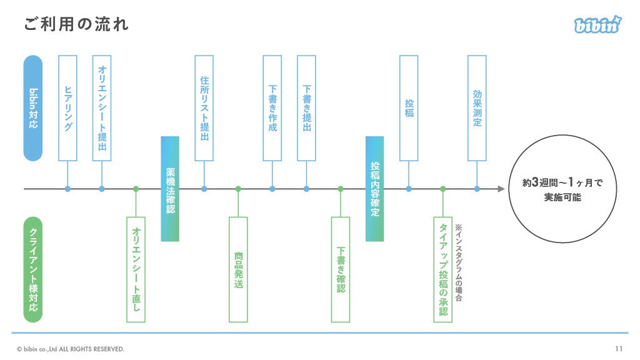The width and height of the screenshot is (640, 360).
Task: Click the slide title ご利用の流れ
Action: [77, 24]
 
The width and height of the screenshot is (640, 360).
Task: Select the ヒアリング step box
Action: [67, 108]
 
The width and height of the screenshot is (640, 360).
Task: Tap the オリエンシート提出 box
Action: [102, 108]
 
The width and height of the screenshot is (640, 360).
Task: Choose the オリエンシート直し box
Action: [136, 269]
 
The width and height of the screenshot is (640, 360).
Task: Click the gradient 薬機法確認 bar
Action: [170, 189]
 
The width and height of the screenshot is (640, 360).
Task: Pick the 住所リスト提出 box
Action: [204, 108]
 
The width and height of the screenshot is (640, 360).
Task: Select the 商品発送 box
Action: [238, 269]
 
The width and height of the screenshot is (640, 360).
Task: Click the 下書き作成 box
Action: [272, 108]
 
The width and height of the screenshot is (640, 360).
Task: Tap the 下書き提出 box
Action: [306, 108]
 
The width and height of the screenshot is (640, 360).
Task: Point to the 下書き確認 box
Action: [341, 269]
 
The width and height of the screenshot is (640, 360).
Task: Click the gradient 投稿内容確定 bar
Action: [374, 189]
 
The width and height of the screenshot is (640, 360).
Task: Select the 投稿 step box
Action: [409, 108]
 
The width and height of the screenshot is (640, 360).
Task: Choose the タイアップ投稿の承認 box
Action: [442, 269]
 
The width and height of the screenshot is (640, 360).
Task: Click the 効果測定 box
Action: [477, 108]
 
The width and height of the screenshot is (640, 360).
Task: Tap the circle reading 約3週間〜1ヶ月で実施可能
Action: [562, 189]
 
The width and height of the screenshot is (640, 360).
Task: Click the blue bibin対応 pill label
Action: [32, 108]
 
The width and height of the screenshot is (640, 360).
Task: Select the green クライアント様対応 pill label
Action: [32, 269]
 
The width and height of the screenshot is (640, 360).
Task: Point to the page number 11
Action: [619, 349]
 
